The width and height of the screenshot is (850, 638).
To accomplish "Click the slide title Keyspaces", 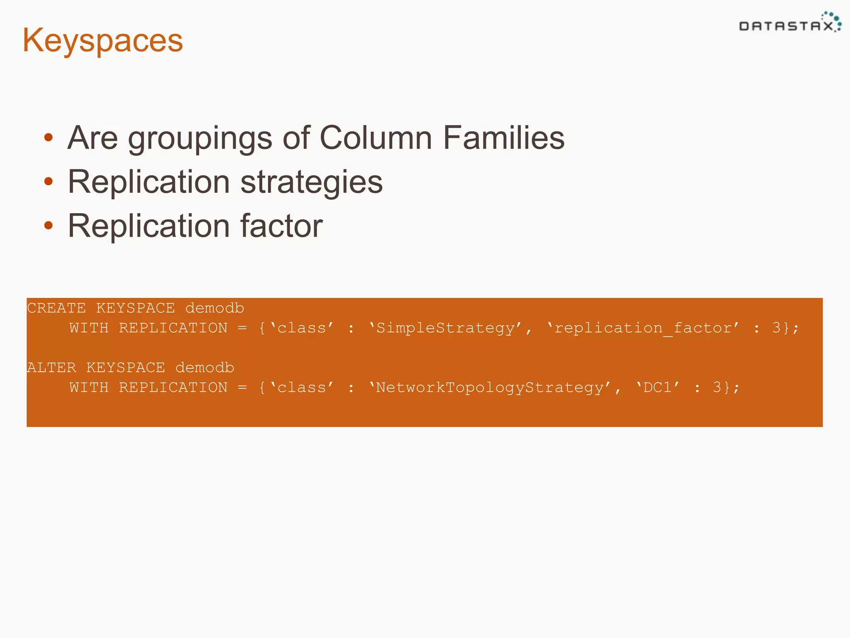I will pos(103,41).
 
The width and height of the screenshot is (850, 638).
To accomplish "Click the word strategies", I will pos(311,182).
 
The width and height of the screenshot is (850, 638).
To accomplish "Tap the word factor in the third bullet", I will pos(281,226).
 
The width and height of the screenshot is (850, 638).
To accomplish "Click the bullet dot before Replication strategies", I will pos(49,181).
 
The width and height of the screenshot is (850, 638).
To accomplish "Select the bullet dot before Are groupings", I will pos(49,137).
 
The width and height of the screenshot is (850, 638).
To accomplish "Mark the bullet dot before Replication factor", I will pos(49,225).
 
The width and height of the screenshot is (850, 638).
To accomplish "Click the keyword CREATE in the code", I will pos(56,308).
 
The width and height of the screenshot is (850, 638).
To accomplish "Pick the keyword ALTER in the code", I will pos(52,368).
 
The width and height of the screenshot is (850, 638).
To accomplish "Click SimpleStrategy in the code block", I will pos(445,328).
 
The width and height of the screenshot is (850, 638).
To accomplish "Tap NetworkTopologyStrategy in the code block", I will pos(490,388).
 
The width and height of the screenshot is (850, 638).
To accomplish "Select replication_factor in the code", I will pos(643,328).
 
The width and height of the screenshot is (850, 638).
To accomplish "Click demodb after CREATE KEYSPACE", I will pos(215,308).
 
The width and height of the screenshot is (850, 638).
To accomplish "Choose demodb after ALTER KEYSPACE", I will pos(205,368).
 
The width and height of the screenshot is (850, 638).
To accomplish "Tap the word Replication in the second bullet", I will pos(149,182).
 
